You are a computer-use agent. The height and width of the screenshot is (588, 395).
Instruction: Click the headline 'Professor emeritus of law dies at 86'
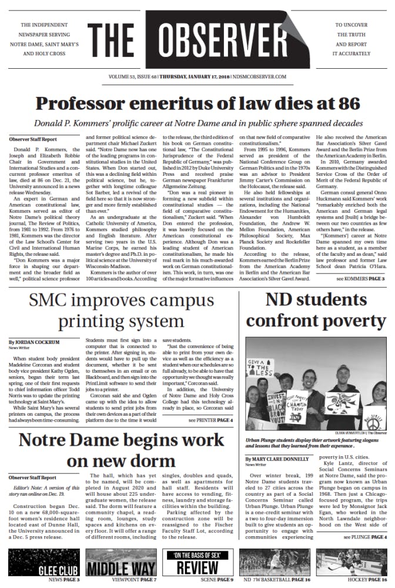pos(197,103)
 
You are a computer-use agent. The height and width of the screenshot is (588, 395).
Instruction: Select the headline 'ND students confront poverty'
pos(317,310)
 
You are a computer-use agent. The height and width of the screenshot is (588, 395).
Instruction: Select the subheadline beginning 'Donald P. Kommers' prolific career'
pos(197,124)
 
